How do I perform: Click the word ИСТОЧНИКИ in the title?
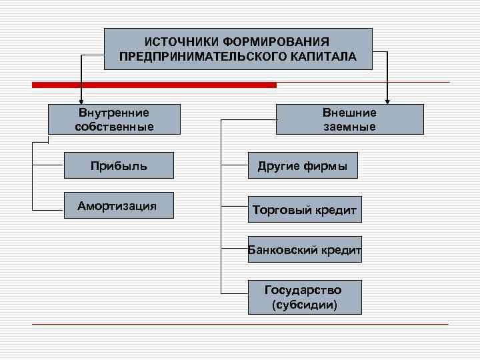click(x=175, y=42)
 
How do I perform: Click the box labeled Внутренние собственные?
click(x=114, y=119)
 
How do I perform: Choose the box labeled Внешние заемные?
click(x=349, y=119)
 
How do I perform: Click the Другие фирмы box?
click(x=303, y=166)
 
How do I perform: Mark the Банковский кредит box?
click(x=305, y=250)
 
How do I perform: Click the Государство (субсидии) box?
click(x=305, y=297)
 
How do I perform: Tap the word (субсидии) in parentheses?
click(x=305, y=305)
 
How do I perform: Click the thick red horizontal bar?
click(x=154, y=85)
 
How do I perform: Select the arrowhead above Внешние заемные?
click(x=387, y=101)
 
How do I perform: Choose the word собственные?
click(x=114, y=126)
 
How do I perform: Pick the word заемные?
click(x=349, y=126)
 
